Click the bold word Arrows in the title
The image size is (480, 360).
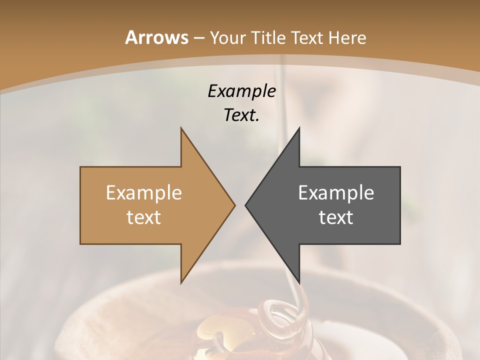click(156, 37)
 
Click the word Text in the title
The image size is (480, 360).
click(308, 37)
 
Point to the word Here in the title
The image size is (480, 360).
click(348, 37)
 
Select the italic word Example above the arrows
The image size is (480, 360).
click(241, 91)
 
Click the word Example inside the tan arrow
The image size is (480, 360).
click(144, 192)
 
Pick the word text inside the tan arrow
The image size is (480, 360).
click(144, 217)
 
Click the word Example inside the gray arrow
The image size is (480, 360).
click(336, 192)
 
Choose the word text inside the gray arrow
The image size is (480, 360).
click(336, 217)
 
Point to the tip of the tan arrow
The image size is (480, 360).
click(235, 205)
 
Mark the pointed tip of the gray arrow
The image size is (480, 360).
click(245, 205)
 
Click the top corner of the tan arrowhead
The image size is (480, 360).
click(181, 128)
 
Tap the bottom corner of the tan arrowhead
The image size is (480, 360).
click(181, 283)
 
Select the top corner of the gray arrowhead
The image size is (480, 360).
click(299, 128)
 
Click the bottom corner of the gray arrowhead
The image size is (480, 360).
click(299, 283)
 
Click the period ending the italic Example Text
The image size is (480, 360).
click(258, 120)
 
